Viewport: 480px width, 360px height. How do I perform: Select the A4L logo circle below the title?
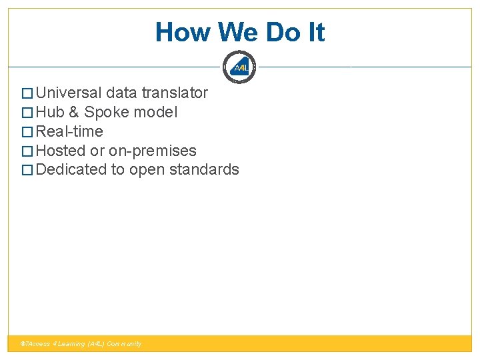tap(240, 67)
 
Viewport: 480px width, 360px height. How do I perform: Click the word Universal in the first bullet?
tap(69, 93)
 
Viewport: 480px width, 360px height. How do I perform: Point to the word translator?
tap(175, 93)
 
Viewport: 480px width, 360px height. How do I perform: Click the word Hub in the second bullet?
tap(50, 112)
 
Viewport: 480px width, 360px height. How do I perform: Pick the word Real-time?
tap(69, 131)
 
